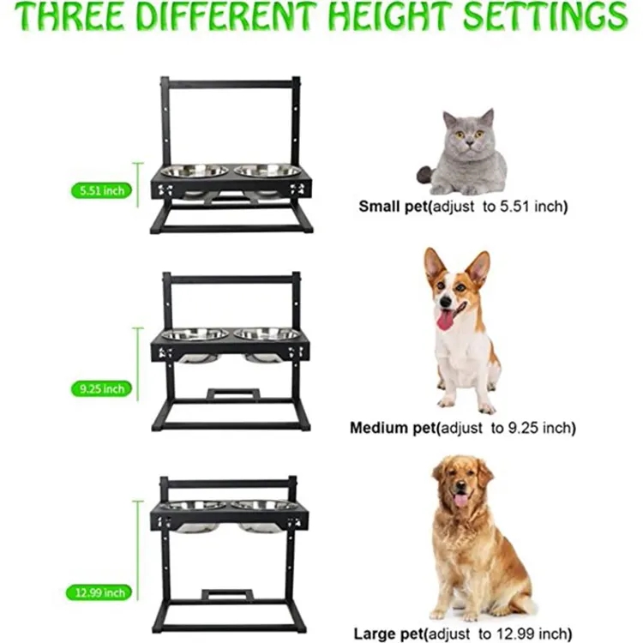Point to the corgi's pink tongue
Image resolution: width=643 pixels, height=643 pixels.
pyautogui.click(x=445, y=320)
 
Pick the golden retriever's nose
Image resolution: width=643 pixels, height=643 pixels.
pyautogui.click(x=460, y=490)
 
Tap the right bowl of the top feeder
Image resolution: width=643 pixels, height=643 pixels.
pyautogui.click(x=267, y=171)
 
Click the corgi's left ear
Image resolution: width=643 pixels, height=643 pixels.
pyautogui.click(x=436, y=263)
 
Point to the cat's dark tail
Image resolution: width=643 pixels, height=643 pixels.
pyautogui.click(x=425, y=175)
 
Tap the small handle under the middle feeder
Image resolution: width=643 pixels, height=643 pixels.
pyautogui.click(x=232, y=394)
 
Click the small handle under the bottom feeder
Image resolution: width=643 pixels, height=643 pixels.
pyautogui.click(x=227, y=595)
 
